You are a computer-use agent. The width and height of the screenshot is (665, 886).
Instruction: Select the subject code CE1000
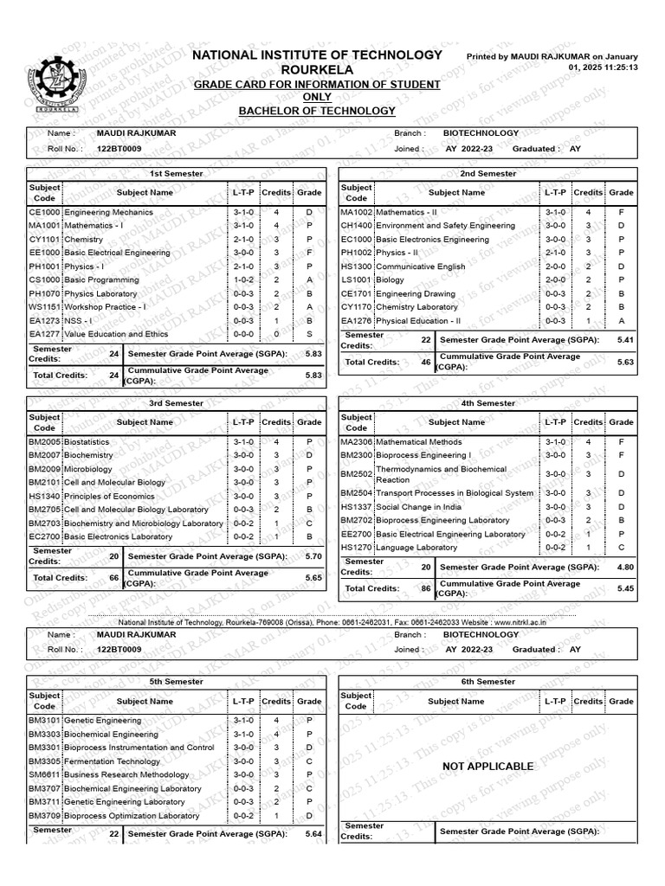tap(44, 212)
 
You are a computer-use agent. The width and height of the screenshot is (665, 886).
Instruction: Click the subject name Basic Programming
tap(101, 280)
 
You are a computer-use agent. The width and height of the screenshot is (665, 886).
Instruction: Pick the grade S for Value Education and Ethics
tap(309, 334)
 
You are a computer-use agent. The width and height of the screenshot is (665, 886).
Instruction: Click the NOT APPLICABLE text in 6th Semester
tap(487, 767)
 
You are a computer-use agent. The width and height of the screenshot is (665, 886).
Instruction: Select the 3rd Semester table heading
tap(176, 403)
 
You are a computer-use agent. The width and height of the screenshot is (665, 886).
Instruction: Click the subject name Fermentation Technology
tap(113, 761)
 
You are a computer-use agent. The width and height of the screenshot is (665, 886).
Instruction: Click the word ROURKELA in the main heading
tap(316, 69)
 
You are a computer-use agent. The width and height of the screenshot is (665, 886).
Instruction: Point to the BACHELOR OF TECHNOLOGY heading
tap(316, 111)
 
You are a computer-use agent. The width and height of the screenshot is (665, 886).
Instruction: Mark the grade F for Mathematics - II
tap(621, 212)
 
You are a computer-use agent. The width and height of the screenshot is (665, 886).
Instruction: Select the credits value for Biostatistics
tap(276, 441)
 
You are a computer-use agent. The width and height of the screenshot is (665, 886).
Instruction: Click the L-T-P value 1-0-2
tap(243, 280)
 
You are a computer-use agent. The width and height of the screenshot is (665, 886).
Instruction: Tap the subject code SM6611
tap(44, 775)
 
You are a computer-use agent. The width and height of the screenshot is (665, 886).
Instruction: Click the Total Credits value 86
tap(425, 587)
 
